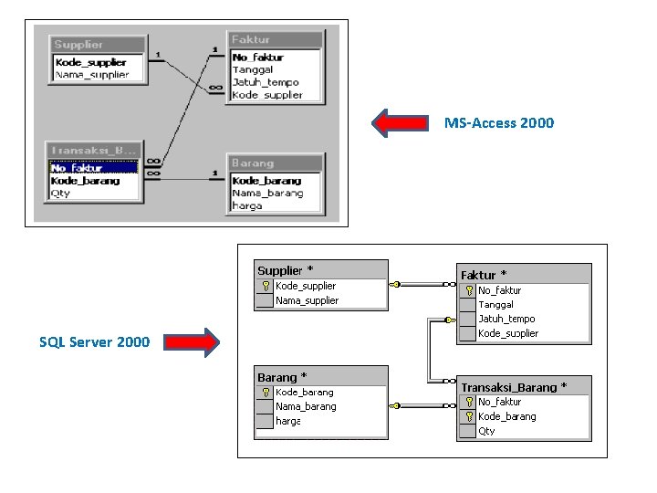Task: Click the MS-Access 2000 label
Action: click(x=498, y=122)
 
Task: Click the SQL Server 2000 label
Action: click(x=94, y=342)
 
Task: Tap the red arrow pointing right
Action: click(x=193, y=342)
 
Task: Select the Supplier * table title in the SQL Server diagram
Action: click(x=285, y=270)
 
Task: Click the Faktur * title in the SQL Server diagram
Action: click(x=484, y=275)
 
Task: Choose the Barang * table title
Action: click(x=282, y=377)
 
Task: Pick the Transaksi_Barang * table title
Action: click(x=513, y=387)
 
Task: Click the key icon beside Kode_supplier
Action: click(x=265, y=286)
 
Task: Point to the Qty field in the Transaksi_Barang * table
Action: click(x=486, y=431)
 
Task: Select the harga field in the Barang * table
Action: click(x=287, y=421)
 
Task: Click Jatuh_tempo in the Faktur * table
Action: click(x=506, y=319)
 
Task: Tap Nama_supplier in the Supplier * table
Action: click(x=307, y=300)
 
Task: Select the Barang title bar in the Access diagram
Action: click(x=275, y=163)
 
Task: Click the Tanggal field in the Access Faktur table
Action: click(x=253, y=69)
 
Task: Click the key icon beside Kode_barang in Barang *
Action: click(x=265, y=392)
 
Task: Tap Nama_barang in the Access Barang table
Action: click(x=266, y=193)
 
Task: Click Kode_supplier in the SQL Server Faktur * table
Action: click(x=508, y=333)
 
